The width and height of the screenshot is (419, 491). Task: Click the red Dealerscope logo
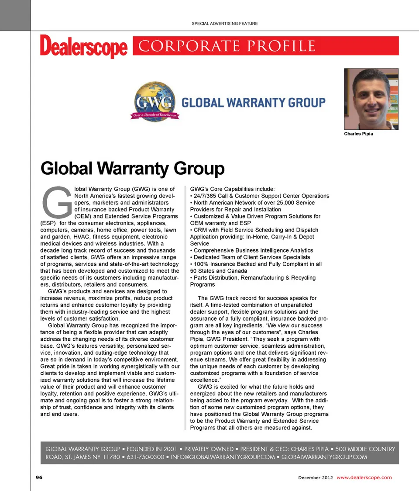(x=84, y=47)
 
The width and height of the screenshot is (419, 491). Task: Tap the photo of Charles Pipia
(x=371, y=99)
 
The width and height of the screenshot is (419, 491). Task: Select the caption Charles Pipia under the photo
(x=358, y=134)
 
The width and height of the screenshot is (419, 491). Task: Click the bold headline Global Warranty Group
(x=132, y=168)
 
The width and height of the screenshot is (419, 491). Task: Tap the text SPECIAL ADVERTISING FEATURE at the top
(x=225, y=23)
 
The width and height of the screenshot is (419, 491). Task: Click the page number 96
(x=39, y=477)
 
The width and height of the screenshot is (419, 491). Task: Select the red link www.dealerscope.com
(x=364, y=477)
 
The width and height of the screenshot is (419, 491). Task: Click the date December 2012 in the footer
(x=316, y=477)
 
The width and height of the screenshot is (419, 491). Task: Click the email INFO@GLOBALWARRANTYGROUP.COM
(x=222, y=457)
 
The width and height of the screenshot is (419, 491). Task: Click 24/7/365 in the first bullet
(x=206, y=196)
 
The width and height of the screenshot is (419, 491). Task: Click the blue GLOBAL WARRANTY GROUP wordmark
(x=253, y=103)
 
